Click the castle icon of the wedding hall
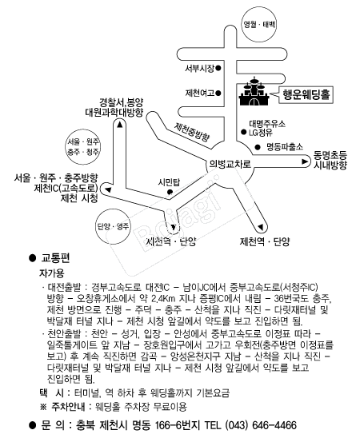coord(254,91)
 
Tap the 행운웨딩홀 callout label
coord(306,95)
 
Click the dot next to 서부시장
coord(218,68)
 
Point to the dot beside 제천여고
coord(218,93)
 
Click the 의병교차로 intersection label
coord(230,164)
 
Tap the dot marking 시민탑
coord(170,192)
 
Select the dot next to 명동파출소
coord(258,146)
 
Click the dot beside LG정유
coord(244,132)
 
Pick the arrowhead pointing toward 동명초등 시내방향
coord(305,161)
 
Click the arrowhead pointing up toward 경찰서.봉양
coord(120,125)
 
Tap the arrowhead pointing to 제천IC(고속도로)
coord(108,189)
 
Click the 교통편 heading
coord(55,258)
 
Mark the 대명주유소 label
coord(267,123)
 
